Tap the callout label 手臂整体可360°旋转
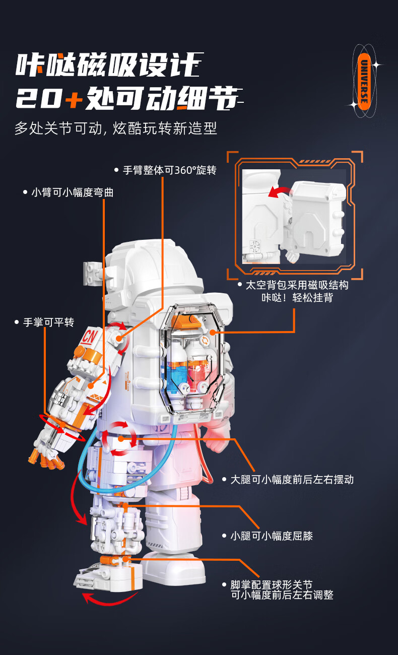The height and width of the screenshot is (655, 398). (169, 170)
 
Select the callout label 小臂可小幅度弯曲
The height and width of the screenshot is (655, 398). (72, 192)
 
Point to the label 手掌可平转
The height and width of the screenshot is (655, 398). (48, 322)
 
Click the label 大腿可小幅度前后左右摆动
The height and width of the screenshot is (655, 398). (292, 480)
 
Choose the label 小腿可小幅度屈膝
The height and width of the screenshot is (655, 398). (272, 536)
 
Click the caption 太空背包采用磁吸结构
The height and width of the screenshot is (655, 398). (297, 285)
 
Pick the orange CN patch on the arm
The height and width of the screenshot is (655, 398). (91, 336)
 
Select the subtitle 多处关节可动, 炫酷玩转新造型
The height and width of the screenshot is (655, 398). (115, 128)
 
